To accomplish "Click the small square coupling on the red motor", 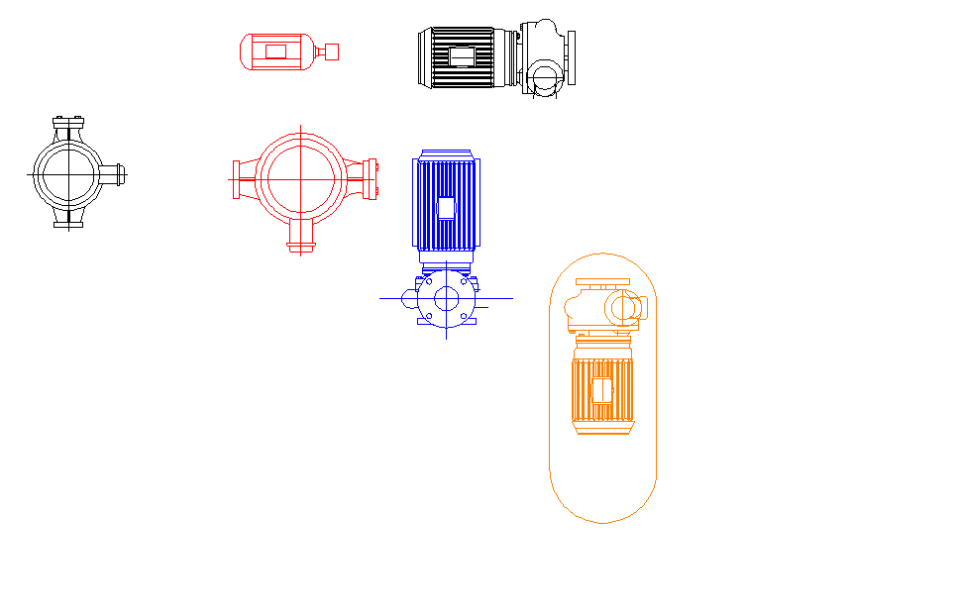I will coord(332,51).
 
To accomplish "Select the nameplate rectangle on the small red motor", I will coord(275,51).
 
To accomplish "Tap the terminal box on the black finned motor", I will coord(462,57).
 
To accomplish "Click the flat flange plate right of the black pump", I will coord(571,56).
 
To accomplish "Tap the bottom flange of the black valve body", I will coord(67,225).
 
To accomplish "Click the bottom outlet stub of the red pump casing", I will coord(301,238).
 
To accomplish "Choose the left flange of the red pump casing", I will coord(235,179).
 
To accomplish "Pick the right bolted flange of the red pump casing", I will coord(372,179).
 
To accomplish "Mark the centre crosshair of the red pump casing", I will coord(301,179).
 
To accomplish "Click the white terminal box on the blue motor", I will coord(446,208).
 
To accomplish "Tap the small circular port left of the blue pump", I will coord(408,297).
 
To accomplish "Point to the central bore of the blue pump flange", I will coord(446,298).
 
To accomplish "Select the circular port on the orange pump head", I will coord(624,308).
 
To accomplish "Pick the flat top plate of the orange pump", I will coord(602,283).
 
